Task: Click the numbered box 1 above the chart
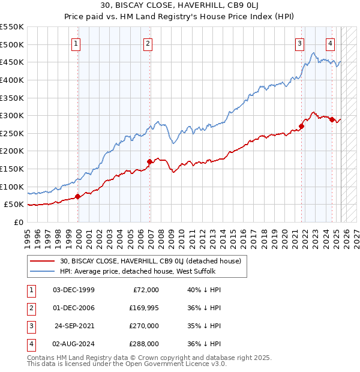[77, 43]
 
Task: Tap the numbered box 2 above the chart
[148, 43]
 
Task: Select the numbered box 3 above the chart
[299, 43]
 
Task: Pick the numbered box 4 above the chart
[331, 43]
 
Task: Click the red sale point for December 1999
[78, 196]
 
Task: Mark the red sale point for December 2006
[149, 161]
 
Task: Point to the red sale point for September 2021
[301, 126]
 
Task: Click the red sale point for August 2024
[332, 119]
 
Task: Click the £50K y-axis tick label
[14, 205]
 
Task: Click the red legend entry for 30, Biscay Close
[150, 261]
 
